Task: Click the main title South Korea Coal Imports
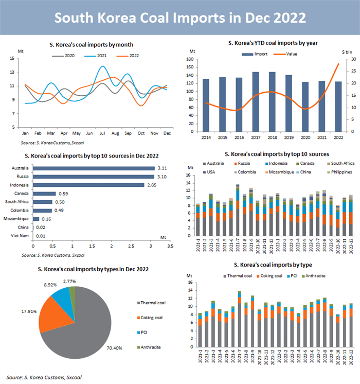click(x=180, y=18)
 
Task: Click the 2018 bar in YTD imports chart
click(x=272, y=101)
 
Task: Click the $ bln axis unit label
click(x=347, y=52)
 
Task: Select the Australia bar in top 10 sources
click(x=94, y=168)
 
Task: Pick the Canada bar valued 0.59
click(x=44, y=194)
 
